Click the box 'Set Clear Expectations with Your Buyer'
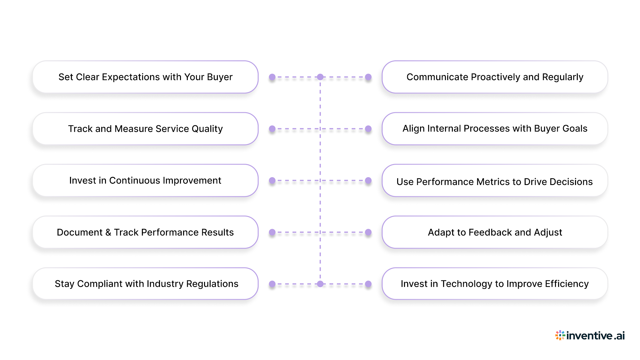[145, 77]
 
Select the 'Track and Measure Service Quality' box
[145, 129]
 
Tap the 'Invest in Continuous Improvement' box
[145, 180]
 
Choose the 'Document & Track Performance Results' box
[145, 232]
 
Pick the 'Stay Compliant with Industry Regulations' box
[145, 284]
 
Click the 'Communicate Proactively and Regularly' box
[495, 77]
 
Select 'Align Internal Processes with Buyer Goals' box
[495, 129]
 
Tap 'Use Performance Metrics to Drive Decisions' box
[495, 181]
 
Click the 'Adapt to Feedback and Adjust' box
[495, 232]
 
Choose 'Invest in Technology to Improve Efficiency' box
[495, 284]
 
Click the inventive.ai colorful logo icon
[560, 335]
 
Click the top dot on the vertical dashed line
[320, 77]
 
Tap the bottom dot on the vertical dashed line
[320, 284]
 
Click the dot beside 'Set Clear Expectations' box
[272, 77]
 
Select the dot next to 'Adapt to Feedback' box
[368, 232]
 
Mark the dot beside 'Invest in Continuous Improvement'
[272, 180]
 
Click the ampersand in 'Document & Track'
[108, 232]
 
